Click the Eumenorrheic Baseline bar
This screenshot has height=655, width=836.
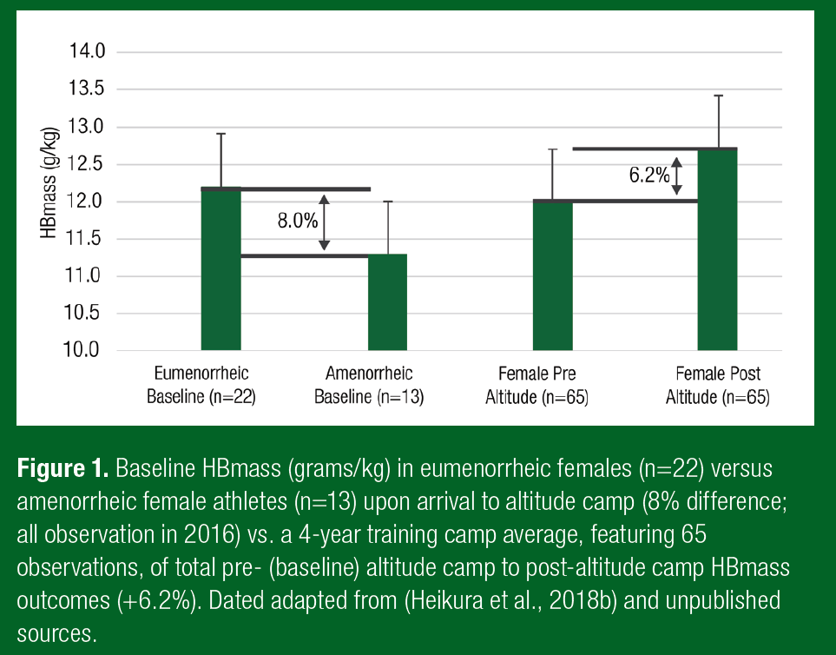[x=221, y=269]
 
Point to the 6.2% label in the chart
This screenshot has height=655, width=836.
[x=649, y=175]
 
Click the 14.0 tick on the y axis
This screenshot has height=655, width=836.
[x=86, y=51]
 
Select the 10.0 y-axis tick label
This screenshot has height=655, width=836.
[x=86, y=350]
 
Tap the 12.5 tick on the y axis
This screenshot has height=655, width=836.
[x=86, y=164]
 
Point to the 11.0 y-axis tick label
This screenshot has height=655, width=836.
[x=86, y=276]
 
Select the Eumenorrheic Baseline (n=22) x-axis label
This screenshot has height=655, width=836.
[x=201, y=386]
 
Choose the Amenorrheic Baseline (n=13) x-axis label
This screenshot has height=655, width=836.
[x=369, y=386]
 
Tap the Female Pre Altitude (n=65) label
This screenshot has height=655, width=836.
[x=537, y=386]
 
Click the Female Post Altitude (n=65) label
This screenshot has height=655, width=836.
[x=718, y=386]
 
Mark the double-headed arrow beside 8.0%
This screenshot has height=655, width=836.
[x=325, y=222]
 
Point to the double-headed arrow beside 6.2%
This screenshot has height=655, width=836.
[x=678, y=176]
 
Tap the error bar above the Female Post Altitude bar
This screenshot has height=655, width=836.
[x=719, y=122]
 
